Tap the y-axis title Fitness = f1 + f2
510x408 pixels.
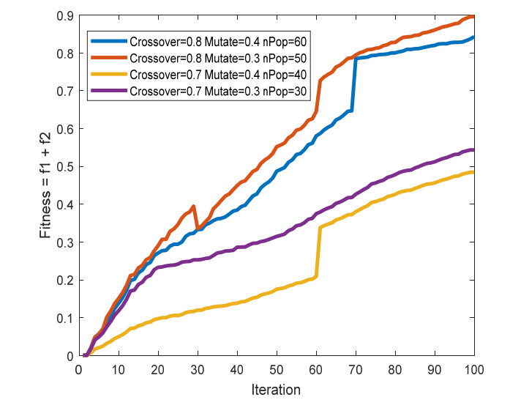coord(45,186)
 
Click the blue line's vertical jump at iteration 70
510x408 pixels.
coord(355,84)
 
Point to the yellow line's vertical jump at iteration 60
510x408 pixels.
coord(317,252)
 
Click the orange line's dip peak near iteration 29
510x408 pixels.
coord(193,207)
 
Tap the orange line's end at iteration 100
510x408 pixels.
coord(473,16)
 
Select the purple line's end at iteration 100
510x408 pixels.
coord(473,150)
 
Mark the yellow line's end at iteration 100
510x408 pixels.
coord(473,172)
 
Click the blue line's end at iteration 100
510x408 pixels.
coord(473,37)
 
